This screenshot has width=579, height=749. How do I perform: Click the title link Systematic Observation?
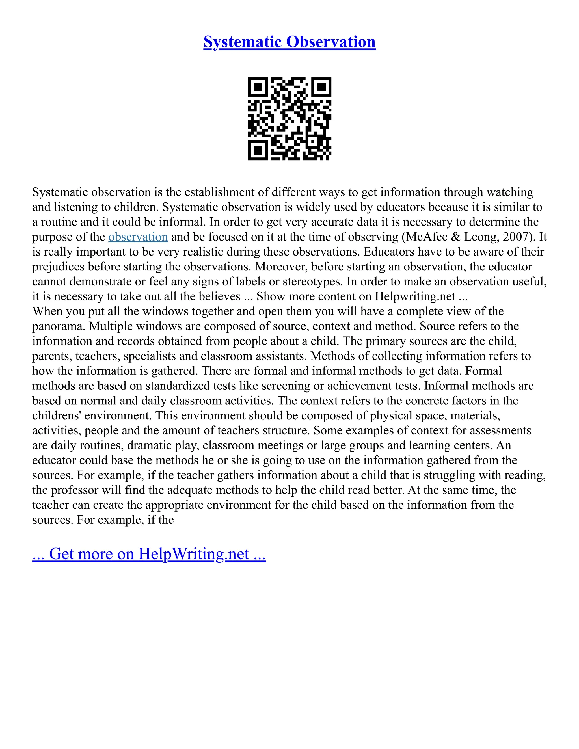[289, 42]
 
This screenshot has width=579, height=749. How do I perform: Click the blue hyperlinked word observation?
[138, 237]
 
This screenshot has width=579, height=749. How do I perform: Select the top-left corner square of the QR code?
[258, 87]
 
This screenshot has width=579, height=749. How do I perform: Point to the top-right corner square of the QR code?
[321, 87]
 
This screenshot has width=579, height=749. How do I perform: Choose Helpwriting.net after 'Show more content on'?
[415, 296]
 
